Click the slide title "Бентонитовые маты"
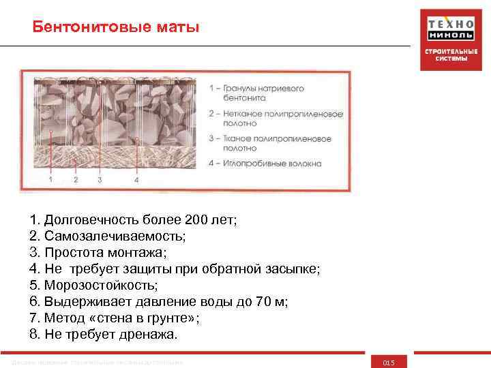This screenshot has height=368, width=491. pos(116,28)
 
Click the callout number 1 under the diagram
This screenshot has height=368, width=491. pos(50,180)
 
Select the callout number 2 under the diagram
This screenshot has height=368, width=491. pos(76,180)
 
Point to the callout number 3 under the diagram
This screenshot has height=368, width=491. pos(100,180)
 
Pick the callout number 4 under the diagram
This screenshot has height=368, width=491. pos(136,180)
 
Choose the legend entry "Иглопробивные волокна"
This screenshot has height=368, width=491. pos(266,163)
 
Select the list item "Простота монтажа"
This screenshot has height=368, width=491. pos(102,252)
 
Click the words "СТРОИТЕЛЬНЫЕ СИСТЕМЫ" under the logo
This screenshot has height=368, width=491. pos(447,55)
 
